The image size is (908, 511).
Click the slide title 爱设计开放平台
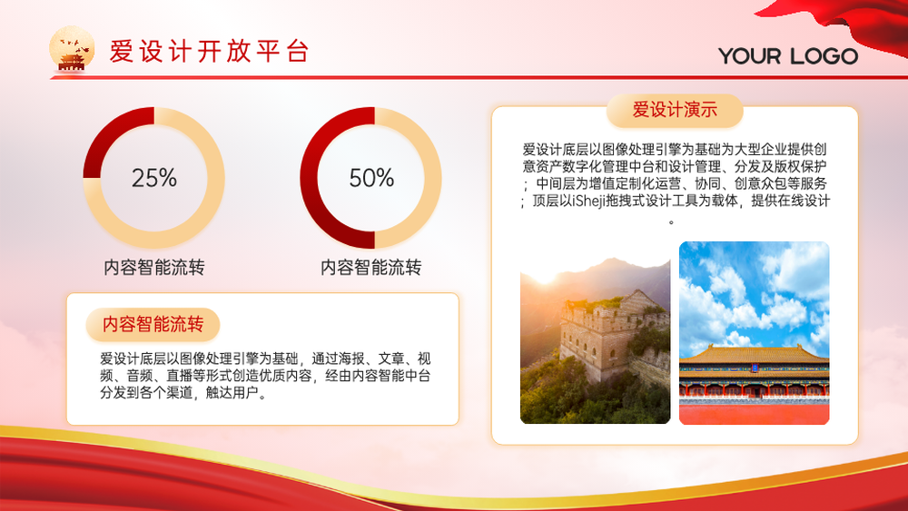tap(209, 52)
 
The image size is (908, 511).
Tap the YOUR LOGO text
tap(788, 56)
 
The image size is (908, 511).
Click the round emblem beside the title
tap(72, 49)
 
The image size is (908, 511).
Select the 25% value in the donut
tap(154, 178)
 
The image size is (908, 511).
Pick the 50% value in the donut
tap(371, 178)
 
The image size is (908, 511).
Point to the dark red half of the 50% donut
tap(310, 178)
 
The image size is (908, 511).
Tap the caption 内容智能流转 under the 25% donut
tap(154, 268)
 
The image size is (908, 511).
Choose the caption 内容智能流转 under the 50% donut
tap(371, 268)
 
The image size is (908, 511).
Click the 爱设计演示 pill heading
tap(675, 110)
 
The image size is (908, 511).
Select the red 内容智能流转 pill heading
tap(153, 324)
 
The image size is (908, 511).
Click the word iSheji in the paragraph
tap(592, 201)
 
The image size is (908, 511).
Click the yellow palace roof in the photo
tap(754, 354)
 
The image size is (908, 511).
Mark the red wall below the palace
tap(754, 413)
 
